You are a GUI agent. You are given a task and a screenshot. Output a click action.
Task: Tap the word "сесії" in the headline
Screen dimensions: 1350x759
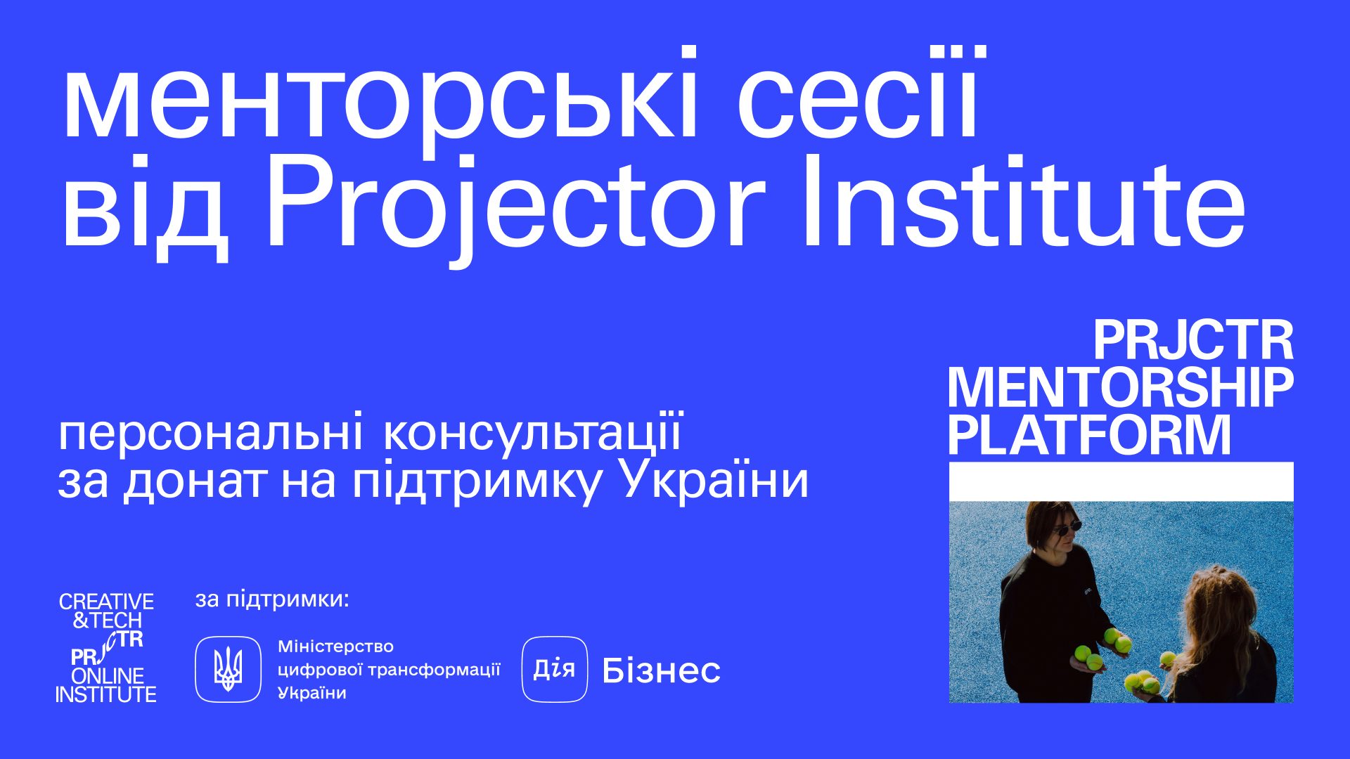tap(862, 91)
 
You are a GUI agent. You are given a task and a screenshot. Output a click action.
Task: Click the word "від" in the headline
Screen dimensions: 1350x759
tap(145, 208)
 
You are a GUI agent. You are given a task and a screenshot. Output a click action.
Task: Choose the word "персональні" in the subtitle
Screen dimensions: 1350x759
tap(210, 433)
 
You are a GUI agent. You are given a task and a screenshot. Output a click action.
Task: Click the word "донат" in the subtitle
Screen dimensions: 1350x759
tap(195, 482)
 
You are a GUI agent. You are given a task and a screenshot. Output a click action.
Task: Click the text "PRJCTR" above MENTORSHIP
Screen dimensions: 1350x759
tap(1193, 341)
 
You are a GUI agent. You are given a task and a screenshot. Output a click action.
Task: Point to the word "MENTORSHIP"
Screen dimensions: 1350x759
tap(1121, 387)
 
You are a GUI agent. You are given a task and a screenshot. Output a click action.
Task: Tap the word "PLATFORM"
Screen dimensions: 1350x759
tap(1089, 435)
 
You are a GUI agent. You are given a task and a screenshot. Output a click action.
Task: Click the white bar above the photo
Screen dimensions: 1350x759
tap(1121, 481)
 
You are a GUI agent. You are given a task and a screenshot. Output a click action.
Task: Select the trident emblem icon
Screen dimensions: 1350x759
tap(228, 669)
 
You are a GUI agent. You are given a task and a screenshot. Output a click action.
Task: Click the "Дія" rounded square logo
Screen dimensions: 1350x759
tap(555, 669)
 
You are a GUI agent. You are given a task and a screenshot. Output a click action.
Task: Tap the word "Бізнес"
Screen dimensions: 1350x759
tap(662, 670)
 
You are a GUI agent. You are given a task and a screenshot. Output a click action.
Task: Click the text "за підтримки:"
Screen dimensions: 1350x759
tap(272, 599)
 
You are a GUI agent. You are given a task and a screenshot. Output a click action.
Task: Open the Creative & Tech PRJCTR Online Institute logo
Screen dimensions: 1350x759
tap(106, 648)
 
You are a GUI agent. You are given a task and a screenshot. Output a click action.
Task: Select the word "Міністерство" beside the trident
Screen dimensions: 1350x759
tap(335, 647)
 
